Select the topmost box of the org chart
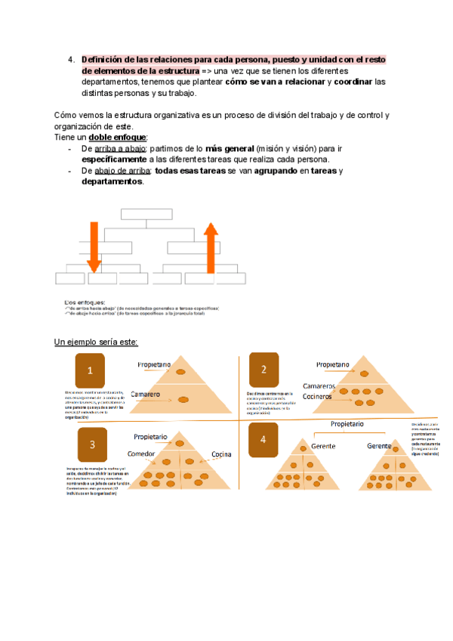(146, 213)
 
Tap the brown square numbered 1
(90, 370)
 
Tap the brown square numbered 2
(264, 370)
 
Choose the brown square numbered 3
(91, 445)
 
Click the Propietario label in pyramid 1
(154, 365)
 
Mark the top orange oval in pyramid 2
(363, 373)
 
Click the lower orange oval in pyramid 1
(183, 399)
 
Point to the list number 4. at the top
(70, 59)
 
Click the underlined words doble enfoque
(117, 138)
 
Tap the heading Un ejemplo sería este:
(96, 342)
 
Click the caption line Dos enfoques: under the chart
(84, 301)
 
